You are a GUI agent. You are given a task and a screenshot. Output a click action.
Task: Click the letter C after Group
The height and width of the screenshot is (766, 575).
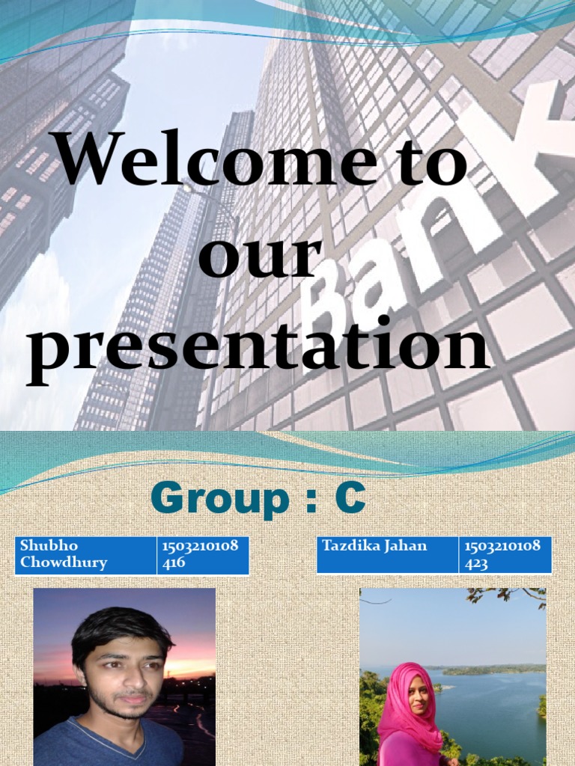(350, 500)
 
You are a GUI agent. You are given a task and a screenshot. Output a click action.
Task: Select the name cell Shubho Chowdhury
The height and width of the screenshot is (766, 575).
(85, 554)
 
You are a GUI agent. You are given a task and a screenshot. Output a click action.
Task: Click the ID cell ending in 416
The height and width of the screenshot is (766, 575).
(202, 554)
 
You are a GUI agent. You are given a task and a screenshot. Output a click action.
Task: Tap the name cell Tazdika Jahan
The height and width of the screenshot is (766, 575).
(386, 554)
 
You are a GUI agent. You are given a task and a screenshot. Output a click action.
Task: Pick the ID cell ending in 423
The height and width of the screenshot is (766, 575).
(504, 554)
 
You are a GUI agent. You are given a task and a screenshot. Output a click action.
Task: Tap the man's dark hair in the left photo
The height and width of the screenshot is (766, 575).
(120, 628)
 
